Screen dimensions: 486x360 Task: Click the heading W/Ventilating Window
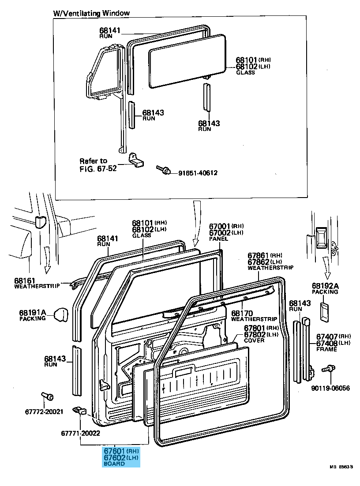[92, 13]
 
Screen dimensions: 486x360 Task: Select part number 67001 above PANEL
[220, 226]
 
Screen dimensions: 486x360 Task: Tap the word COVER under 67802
[254, 340]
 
